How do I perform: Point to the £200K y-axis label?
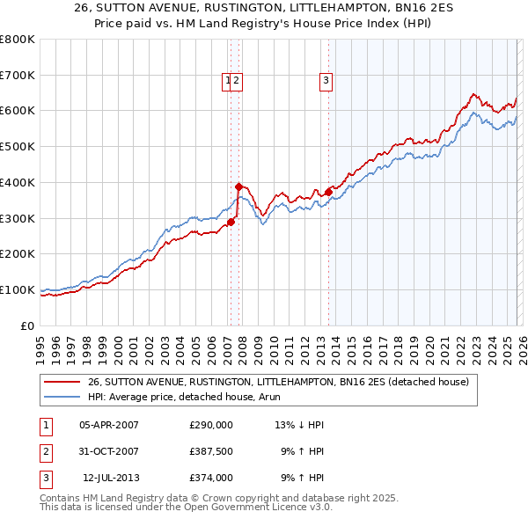coord(18,253)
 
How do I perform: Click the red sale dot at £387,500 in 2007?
coord(238,186)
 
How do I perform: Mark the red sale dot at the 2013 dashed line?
coord(328,191)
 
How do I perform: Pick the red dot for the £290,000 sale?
coord(231,222)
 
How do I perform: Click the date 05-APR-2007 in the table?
coord(109,425)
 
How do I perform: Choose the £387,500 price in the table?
coord(210,451)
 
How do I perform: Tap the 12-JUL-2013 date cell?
coord(111,478)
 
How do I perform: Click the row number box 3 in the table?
coord(45,478)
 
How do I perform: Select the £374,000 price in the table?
coord(210,478)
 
